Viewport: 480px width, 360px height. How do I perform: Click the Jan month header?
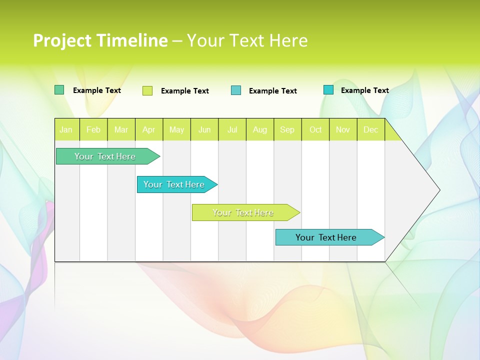pyautogui.click(x=66, y=129)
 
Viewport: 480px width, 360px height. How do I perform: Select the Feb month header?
pyautogui.click(x=93, y=129)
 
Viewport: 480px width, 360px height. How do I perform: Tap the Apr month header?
pyautogui.click(x=149, y=129)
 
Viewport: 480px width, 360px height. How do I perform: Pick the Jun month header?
pyautogui.click(x=204, y=129)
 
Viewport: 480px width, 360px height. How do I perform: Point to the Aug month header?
pyautogui.click(x=260, y=129)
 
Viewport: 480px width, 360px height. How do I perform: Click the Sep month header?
pyautogui.click(x=287, y=129)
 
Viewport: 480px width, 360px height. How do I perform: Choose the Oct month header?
pyautogui.click(x=315, y=129)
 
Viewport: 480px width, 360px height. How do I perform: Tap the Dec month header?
pyautogui.click(x=371, y=129)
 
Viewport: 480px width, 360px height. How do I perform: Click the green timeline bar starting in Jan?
pyautogui.click(x=105, y=156)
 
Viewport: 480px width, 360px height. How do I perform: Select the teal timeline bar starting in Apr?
pyautogui.click(x=174, y=184)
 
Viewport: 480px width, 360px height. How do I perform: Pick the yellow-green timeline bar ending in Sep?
pyautogui.click(x=243, y=212)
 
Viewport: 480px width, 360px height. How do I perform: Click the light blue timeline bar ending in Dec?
pyautogui.click(x=326, y=237)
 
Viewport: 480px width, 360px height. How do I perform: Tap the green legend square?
pyautogui.click(x=59, y=90)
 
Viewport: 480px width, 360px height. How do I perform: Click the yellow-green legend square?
pyautogui.click(x=147, y=90)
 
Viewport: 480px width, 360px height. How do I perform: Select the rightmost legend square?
pyautogui.click(x=328, y=90)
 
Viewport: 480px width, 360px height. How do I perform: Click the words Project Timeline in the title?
pyautogui.click(x=100, y=40)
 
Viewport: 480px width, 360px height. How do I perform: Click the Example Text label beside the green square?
pyautogui.click(x=97, y=90)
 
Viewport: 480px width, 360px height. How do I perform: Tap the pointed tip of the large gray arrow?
pyautogui.click(x=438, y=190)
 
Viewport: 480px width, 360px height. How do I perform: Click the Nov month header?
pyautogui.click(x=343, y=129)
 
